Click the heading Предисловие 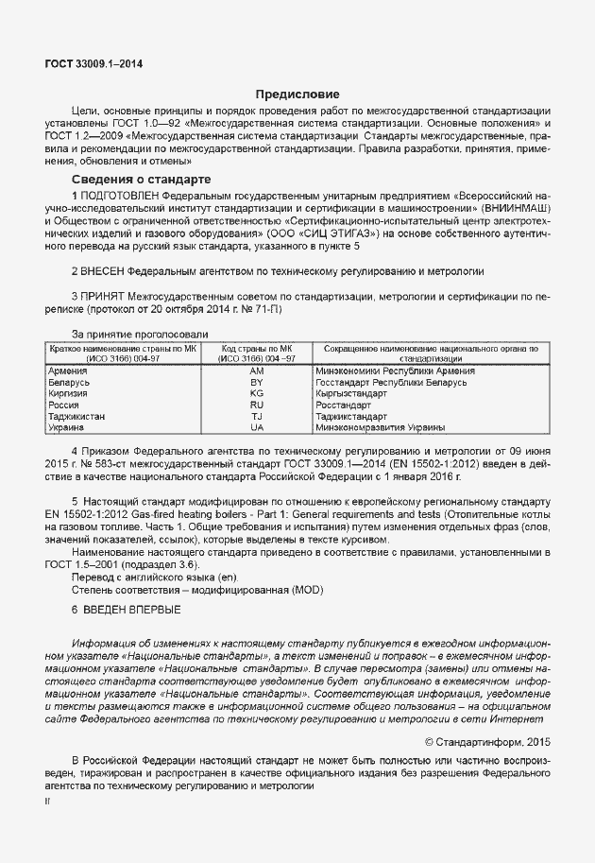[297, 95]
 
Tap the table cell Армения [68, 371]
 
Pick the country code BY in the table [256, 382]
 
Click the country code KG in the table [256, 393]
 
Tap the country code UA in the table [256, 427]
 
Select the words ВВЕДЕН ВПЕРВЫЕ [130, 611]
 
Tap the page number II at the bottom [48, 800]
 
